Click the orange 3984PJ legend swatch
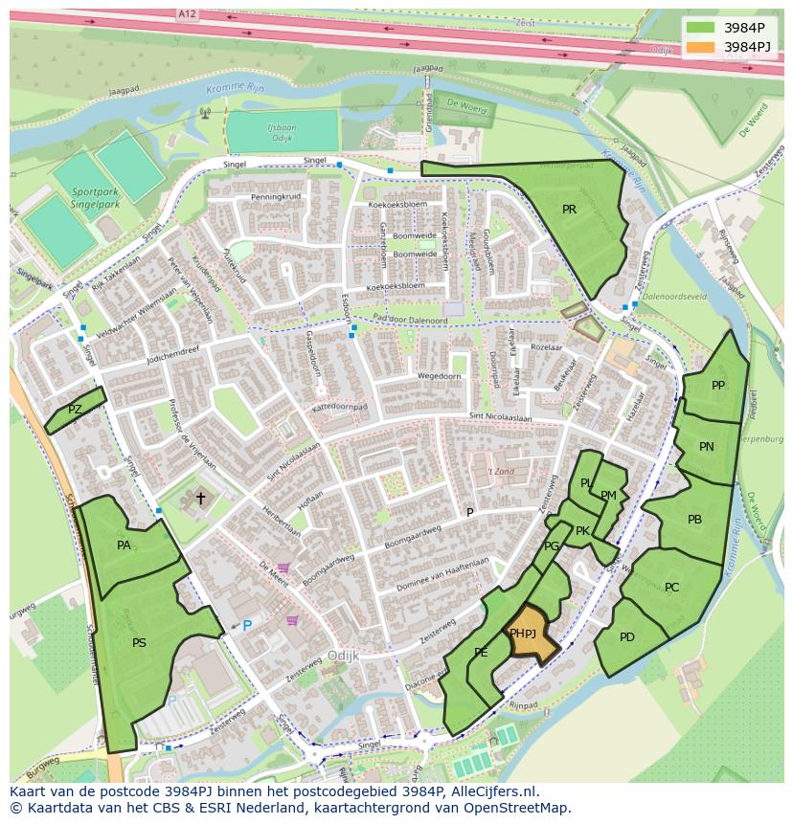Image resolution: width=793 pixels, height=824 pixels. click(x=700, y=47)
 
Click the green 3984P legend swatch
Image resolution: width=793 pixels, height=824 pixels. click(x=700, y=28)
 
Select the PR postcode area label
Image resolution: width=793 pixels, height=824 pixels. click(x=569, y=210)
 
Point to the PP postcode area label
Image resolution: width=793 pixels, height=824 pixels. click(x=718, y=386)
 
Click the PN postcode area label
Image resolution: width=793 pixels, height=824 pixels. click(x=707, y=447)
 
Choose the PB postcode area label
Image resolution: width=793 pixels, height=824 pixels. click(x=695, y=520)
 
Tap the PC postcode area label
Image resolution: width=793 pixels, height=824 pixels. click(x=672, y=587)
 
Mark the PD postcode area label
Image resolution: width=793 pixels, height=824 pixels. click(x=627, y=637)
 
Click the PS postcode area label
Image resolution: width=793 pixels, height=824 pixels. click(x=140, y=643)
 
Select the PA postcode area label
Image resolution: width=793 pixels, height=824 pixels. click(x=124, y=546)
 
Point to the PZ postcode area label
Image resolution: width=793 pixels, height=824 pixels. click(x=75, y=410)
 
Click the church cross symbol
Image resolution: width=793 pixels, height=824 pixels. click(x=200, y=498)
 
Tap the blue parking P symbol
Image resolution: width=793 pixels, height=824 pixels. click(x=247, y=626)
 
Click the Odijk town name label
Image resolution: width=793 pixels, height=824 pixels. click(x=342, y=657)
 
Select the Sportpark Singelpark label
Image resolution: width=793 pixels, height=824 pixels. click(x=96, y=197)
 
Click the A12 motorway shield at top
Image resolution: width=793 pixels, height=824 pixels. click(x=188, y=14)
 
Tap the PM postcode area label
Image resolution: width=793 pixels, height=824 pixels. click(x=609, y=495)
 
